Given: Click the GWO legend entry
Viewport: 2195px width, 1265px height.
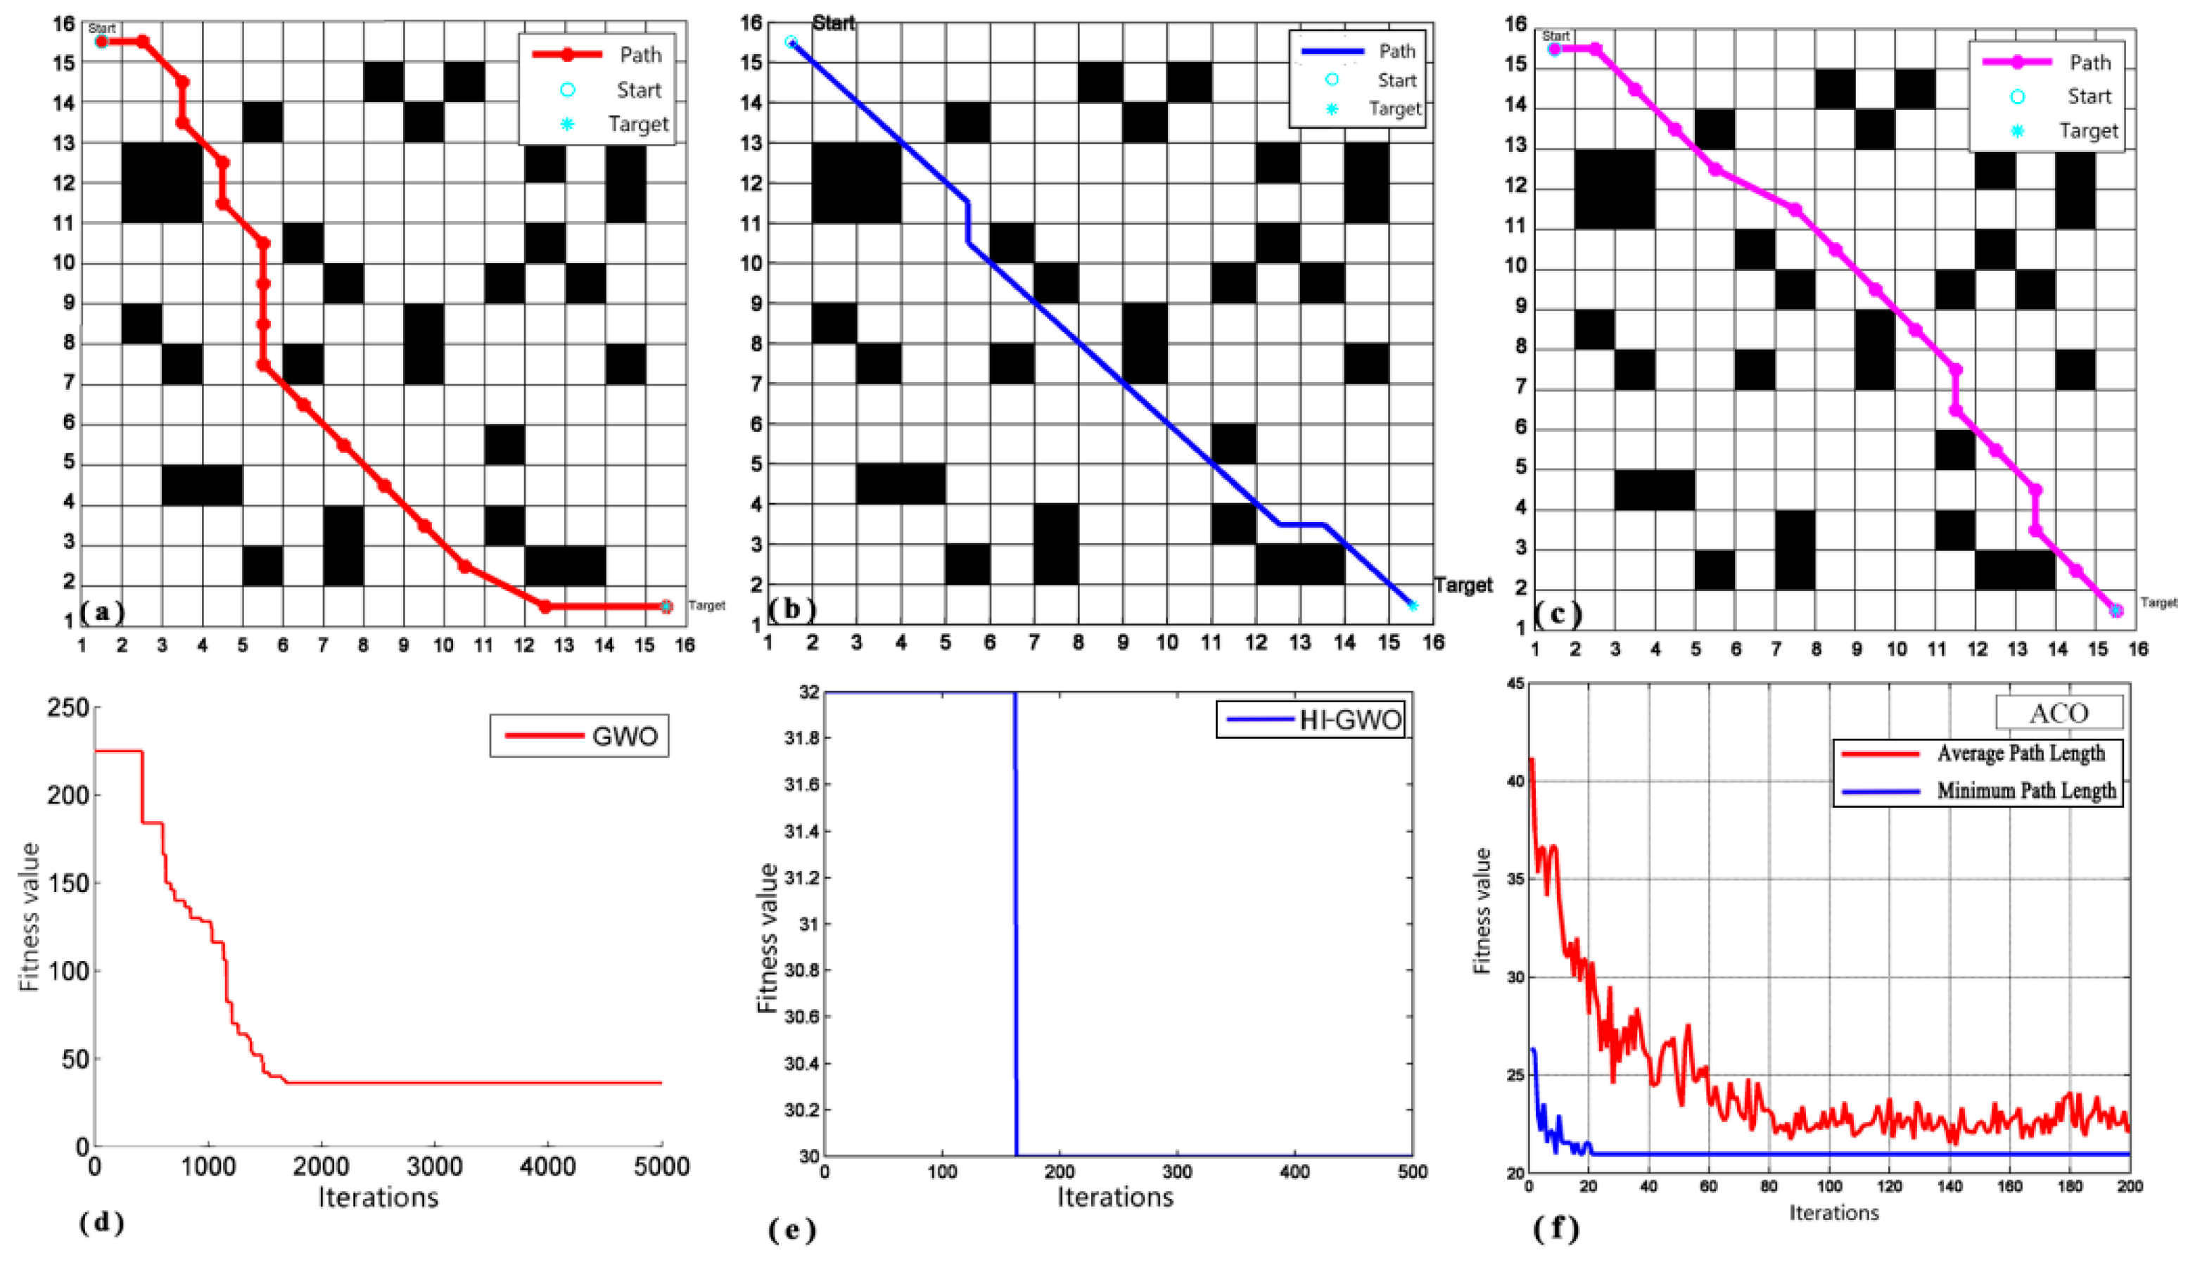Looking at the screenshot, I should tap(580, 736).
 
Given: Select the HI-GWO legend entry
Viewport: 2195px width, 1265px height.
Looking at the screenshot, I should tap(1311, 719).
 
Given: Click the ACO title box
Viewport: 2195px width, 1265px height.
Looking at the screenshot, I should tap(2059, 713).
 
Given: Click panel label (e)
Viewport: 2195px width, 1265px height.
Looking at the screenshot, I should tap(792, 1229).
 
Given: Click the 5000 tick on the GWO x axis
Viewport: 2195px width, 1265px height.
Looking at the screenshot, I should tap(662, 1166).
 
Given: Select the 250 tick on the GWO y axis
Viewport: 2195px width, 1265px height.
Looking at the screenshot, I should tap(68, 708).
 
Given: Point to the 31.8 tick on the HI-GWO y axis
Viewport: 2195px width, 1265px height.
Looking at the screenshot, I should tap(801, 739).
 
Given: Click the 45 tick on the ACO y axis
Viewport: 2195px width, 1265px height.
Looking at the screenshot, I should tap(1515, 684).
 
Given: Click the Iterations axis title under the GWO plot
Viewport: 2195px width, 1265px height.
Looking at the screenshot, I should tap(378, 1197).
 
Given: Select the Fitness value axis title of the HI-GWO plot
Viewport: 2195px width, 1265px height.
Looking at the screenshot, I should tap(766, 939).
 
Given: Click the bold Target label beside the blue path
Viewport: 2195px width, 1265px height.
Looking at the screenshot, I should tap(1463, 585).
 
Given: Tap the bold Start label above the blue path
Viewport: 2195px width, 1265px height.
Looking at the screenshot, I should tap(833, 23).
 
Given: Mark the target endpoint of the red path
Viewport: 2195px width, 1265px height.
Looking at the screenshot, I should tap(666, 606).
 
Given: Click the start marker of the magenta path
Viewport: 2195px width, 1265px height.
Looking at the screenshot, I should tap(1555, 49).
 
